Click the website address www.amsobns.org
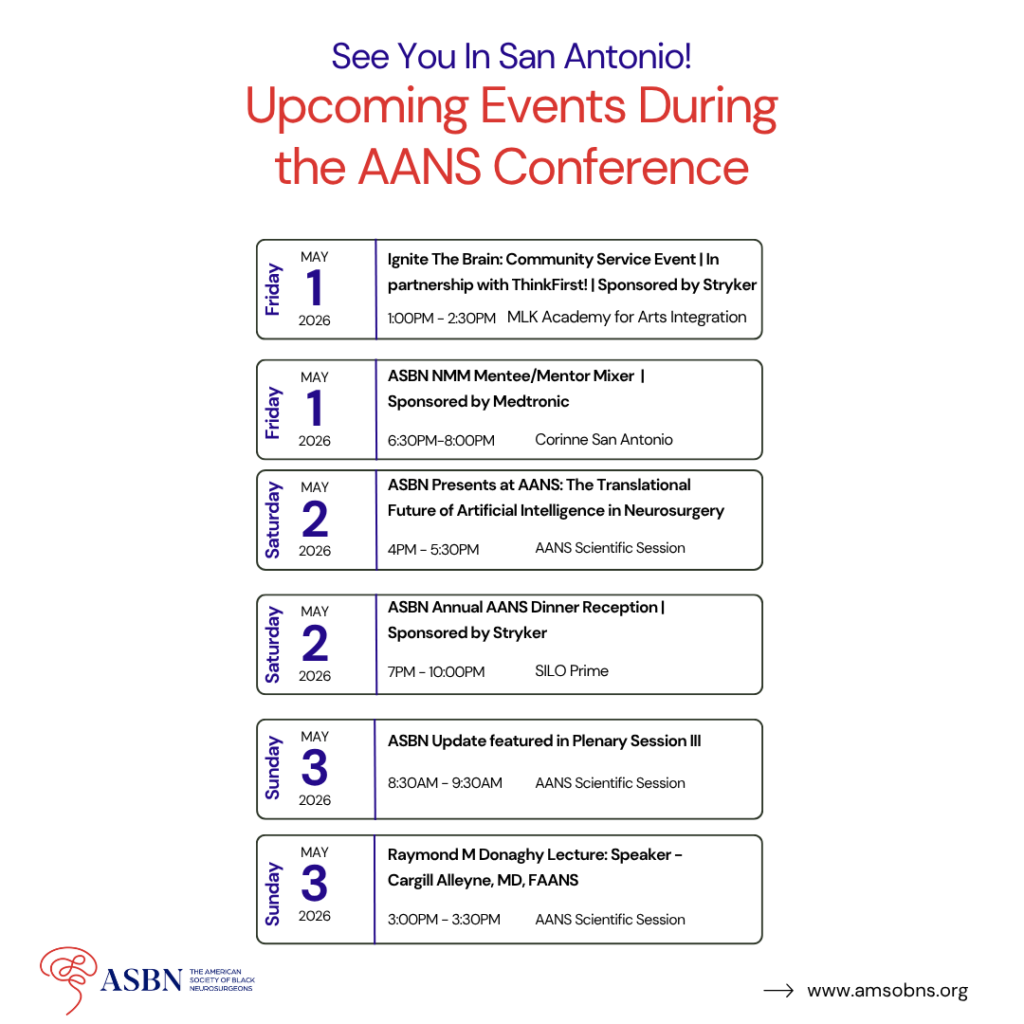(887, 991)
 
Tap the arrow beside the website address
(778, 991)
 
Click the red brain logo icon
(67, 977)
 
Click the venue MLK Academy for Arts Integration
(627, 317)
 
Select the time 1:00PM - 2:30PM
(441, 319)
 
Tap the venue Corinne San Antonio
(604, 439)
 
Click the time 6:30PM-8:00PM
(441, 440)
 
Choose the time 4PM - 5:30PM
(433, 549)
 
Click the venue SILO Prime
(572, 670)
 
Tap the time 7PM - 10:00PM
(436, 671)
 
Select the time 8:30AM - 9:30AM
(445, 783)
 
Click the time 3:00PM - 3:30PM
(444, 920)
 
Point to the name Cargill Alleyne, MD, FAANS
(483, 880)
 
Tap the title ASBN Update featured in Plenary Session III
(544, 741)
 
